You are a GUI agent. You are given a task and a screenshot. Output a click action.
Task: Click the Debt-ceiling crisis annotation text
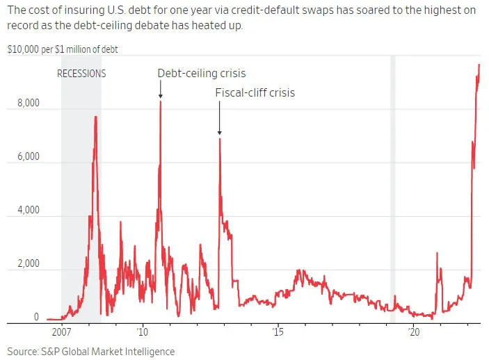pyautogui.click(x=202, y=73)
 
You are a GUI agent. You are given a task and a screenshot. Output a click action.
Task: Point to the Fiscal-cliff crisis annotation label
pyautogui.click(x=255, y=92)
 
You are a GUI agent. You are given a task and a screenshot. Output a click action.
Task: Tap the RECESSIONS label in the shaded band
pyautogui.click(x=81, y=73)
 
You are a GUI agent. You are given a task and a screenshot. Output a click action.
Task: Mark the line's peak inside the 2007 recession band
pyautogui.click(x=95, y=117)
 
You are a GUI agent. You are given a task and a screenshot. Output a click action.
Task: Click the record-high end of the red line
pyautogui.click(x=479, y=65)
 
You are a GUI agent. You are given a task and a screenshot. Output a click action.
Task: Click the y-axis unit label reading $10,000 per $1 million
pyautogui.click(x=63, y=50)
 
